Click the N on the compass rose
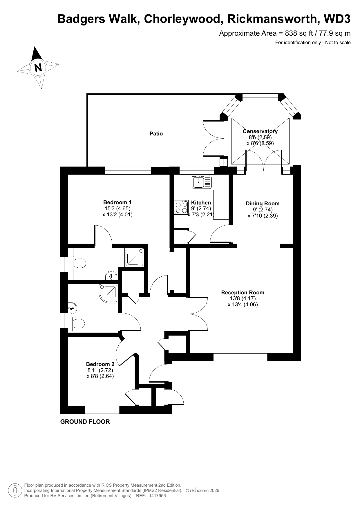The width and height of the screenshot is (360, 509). coord(38,67)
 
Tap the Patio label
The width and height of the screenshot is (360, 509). coord(156,134)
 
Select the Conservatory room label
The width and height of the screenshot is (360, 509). coord(260,131)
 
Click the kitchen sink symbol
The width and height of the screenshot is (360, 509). coord(202,182)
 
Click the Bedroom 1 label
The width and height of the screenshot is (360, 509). coord(117,202)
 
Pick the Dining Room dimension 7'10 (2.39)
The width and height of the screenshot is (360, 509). coord(263,216)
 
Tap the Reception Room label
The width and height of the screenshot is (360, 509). coord(243,293)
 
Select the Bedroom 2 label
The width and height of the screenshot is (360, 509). coord(100,364)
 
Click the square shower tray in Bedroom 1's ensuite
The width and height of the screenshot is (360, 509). coord(135,257)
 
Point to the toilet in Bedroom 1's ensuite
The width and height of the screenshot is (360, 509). coord(79,263)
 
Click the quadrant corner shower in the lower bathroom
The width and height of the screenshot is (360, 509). coord(108,294)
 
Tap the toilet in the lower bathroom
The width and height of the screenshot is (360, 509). coord(77,323)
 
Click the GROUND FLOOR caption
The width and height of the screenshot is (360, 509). coord(85,422)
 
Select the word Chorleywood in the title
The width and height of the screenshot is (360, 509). coord(182,19)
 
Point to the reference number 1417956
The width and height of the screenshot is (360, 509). coord(158,496)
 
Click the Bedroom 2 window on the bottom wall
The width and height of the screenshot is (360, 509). coord(102,410)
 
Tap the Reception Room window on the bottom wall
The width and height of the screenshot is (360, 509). coord(240,357)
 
